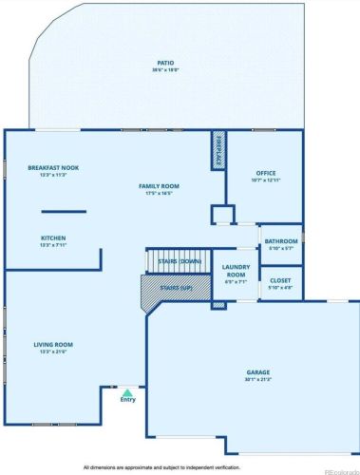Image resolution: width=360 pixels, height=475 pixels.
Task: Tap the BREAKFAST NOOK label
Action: tap(53, 167)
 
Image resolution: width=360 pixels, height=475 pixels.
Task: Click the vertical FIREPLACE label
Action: tap(218, 150)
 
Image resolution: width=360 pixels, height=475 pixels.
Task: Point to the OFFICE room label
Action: tap(265, 173)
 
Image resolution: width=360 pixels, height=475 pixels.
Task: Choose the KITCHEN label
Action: tap(53, 237)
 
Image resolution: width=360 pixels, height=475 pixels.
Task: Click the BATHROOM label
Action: tap(280, 241)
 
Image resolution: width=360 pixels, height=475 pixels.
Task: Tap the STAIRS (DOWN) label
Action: tap(179, 260)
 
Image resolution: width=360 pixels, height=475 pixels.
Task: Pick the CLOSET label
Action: tap(280, 280)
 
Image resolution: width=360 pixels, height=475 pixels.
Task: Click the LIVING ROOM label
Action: tap(53, 345)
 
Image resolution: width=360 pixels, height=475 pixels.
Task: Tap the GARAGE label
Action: tap(256, 373)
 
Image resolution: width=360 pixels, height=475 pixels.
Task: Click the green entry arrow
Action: tap(127, 390)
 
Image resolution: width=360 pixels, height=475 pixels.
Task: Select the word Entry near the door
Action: tap(127, 400)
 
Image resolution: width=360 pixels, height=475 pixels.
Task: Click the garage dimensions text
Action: tap(256, 380)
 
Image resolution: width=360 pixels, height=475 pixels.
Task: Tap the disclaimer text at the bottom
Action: tap(161, 467)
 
